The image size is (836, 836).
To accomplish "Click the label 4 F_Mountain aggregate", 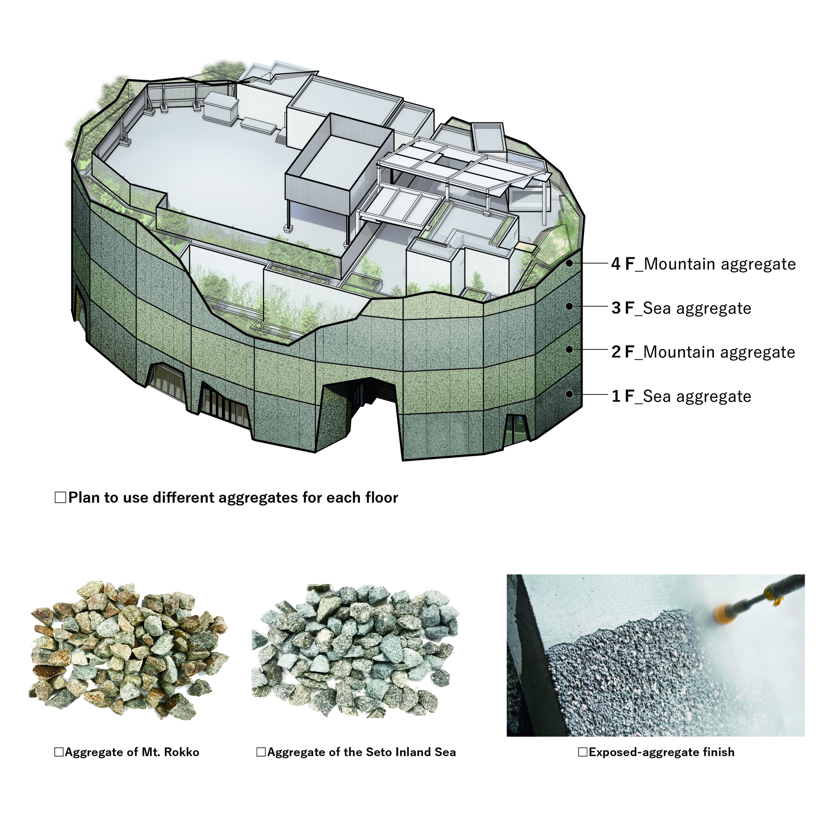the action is [x=703, y=264].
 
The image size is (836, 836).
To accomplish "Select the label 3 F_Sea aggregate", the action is [x=681, y=308].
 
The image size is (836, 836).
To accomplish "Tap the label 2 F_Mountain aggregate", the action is [x=703, y=352].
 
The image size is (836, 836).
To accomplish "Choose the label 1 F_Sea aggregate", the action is [x=681, y=396].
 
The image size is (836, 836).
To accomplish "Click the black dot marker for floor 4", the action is [x=570, y=263].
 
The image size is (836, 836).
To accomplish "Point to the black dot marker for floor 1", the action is [x=570, y=394].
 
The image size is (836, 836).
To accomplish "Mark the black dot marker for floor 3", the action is [x=570, y=306].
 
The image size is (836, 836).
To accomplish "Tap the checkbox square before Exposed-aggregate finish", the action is [x=583, y=752].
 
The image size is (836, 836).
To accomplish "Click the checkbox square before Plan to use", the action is [x=61, y=497].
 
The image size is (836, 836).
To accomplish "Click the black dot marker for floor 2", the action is [x=570, y=349].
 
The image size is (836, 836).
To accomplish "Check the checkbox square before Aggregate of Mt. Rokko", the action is [x=59, y=752].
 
